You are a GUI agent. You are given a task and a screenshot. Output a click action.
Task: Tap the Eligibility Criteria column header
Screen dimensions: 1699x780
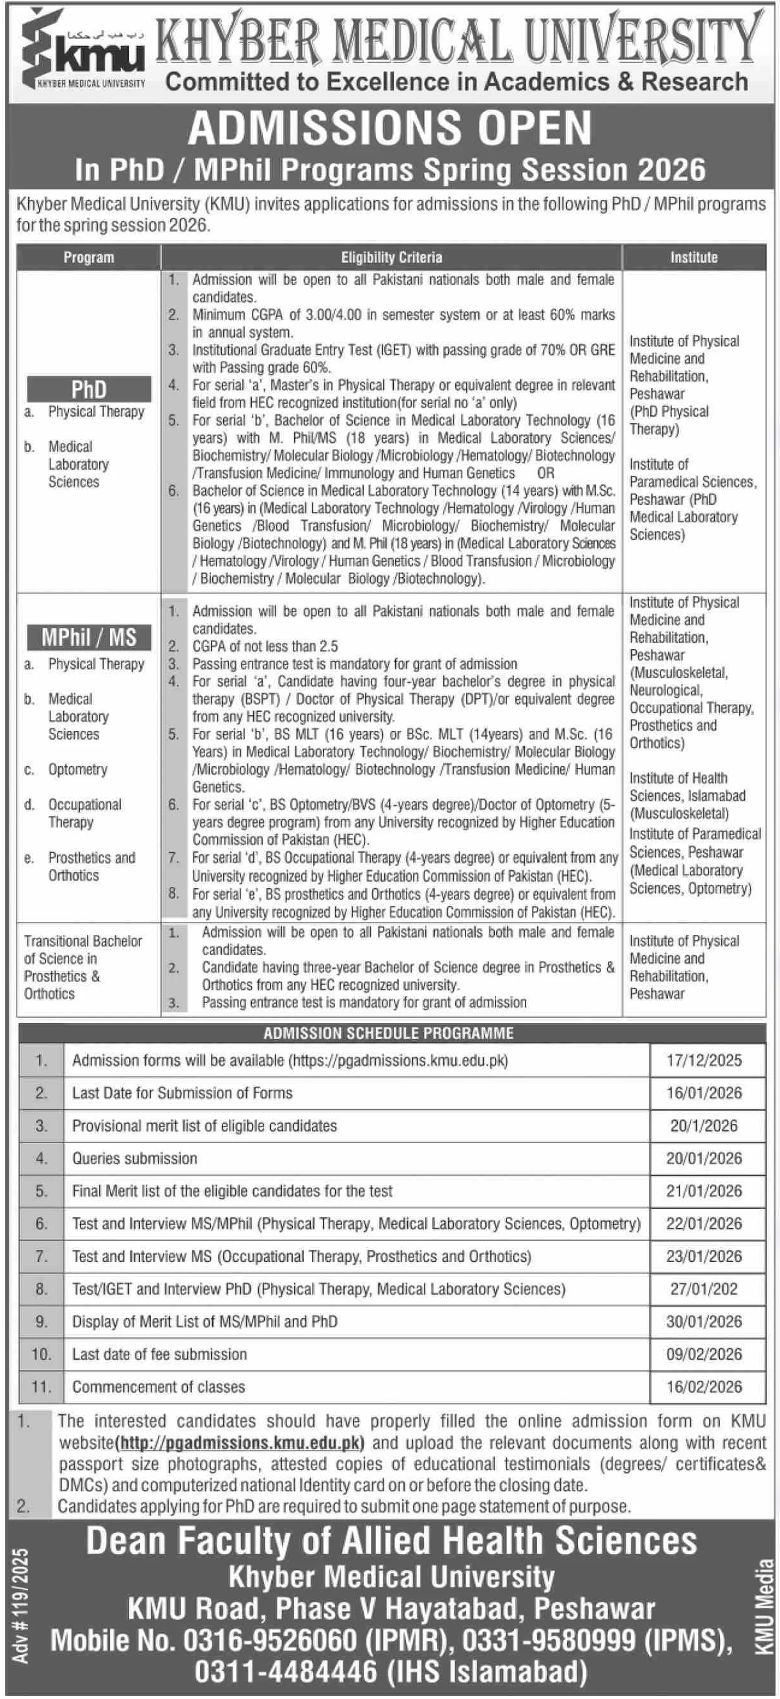coord(391,258)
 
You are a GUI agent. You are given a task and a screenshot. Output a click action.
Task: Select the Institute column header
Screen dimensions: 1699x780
coord(694,258)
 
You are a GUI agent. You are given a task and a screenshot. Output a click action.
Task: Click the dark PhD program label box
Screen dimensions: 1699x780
coord(89,389)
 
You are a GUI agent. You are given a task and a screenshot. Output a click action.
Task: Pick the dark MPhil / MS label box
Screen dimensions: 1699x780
coord(89,637)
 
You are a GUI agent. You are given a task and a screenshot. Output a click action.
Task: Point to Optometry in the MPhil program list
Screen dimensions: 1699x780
coord(77,770)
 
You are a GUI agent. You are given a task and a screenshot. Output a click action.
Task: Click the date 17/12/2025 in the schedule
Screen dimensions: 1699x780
coord(704,1061)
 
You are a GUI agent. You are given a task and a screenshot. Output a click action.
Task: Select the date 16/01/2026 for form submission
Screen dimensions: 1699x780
coord(704,1093)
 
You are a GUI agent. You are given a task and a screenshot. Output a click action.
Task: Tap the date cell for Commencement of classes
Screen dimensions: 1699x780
coord(704,1387)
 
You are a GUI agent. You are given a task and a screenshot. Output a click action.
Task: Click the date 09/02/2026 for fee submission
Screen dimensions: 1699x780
coord(704,1354)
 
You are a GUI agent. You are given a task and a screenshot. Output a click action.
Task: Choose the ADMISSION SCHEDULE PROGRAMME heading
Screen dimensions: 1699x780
coord(389,1033)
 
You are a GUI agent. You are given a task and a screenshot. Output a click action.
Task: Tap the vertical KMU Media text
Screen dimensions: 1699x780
coord(764,1608)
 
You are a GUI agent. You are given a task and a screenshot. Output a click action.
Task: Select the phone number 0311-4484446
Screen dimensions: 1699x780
coord(286,1672)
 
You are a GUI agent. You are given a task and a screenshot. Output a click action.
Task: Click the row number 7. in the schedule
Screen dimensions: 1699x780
coord(42,1256)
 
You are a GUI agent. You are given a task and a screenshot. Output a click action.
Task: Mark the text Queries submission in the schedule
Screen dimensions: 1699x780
coord(135,1158)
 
